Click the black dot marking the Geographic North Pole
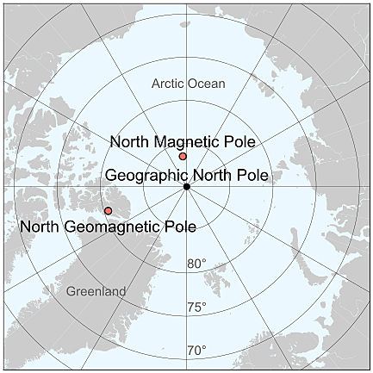point(186,186)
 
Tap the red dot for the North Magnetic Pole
point(183,156)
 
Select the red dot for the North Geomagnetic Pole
point(108,210)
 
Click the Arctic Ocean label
point(188,84)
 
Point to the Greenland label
point(96,291)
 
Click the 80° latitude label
point(197,264)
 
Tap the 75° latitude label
point(197,308)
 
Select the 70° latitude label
point(197,350)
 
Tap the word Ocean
point(208,84)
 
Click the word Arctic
point(168,84)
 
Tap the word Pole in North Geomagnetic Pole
point(179,227)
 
